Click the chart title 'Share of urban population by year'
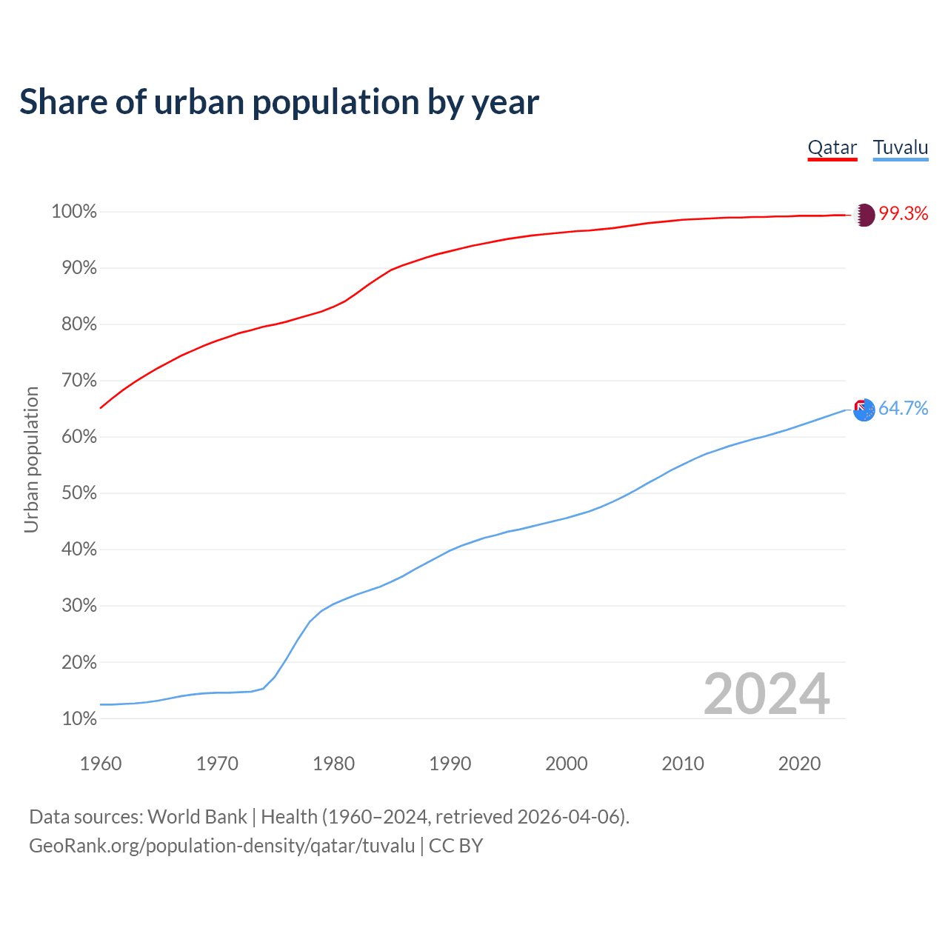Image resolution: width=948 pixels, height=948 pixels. (x=279, y=102)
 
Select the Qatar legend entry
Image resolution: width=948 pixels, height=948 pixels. (x=832, y=147)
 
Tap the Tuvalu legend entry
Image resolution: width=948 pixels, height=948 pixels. (x=901, y=147)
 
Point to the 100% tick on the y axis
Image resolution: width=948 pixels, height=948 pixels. (x=74, y=212)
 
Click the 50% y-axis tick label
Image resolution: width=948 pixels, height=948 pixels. (x=79, y=493)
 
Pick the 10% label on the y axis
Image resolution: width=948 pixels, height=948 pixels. (x=79, y=718)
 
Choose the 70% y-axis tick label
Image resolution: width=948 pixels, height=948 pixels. (x=79, y=381)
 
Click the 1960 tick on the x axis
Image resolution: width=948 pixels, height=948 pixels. (x=101, y=764)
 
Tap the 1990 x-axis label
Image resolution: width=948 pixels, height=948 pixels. (x=450, y=764)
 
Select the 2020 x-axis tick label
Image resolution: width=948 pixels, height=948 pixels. (x=799, y=764)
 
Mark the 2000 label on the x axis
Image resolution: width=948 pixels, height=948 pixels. (x=566, y=764)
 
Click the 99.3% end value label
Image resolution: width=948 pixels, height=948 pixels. (x=904, y=214)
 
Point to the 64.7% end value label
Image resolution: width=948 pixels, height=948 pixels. (x=904, y=409)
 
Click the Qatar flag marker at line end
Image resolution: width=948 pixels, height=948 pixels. (x=864, y=215)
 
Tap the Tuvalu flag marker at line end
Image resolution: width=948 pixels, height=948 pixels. (x=864, y=410)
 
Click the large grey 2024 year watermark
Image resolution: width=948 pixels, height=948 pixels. (x=767, y=694)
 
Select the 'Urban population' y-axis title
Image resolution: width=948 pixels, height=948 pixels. (x=31, y=459)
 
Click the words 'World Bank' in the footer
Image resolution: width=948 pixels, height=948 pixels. (x=197, y=817)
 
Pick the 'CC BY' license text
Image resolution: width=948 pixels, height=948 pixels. (x=456, y=846)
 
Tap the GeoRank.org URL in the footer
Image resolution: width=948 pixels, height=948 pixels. (x=221, y=846)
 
